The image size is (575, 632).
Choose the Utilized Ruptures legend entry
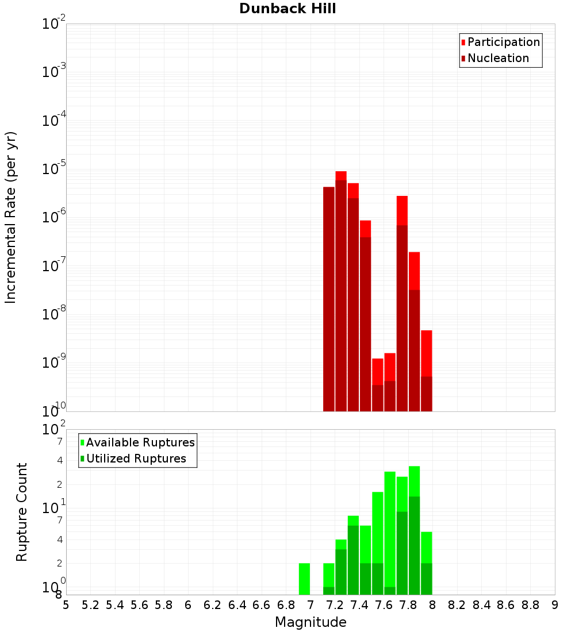[136, 458]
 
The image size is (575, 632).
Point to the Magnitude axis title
[310, 622]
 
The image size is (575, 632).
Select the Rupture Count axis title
[22, 512]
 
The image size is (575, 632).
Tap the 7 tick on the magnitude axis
[310, 604]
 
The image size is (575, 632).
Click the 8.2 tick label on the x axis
[457, 604]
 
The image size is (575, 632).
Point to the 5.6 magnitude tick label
[139, 604]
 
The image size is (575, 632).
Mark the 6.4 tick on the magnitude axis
[237, 604]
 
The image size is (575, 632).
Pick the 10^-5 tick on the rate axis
[54, 169]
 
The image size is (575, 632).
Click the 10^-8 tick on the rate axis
[54, 314]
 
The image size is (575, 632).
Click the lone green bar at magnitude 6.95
[304, 579]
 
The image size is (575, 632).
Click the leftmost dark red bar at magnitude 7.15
[328, 299]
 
